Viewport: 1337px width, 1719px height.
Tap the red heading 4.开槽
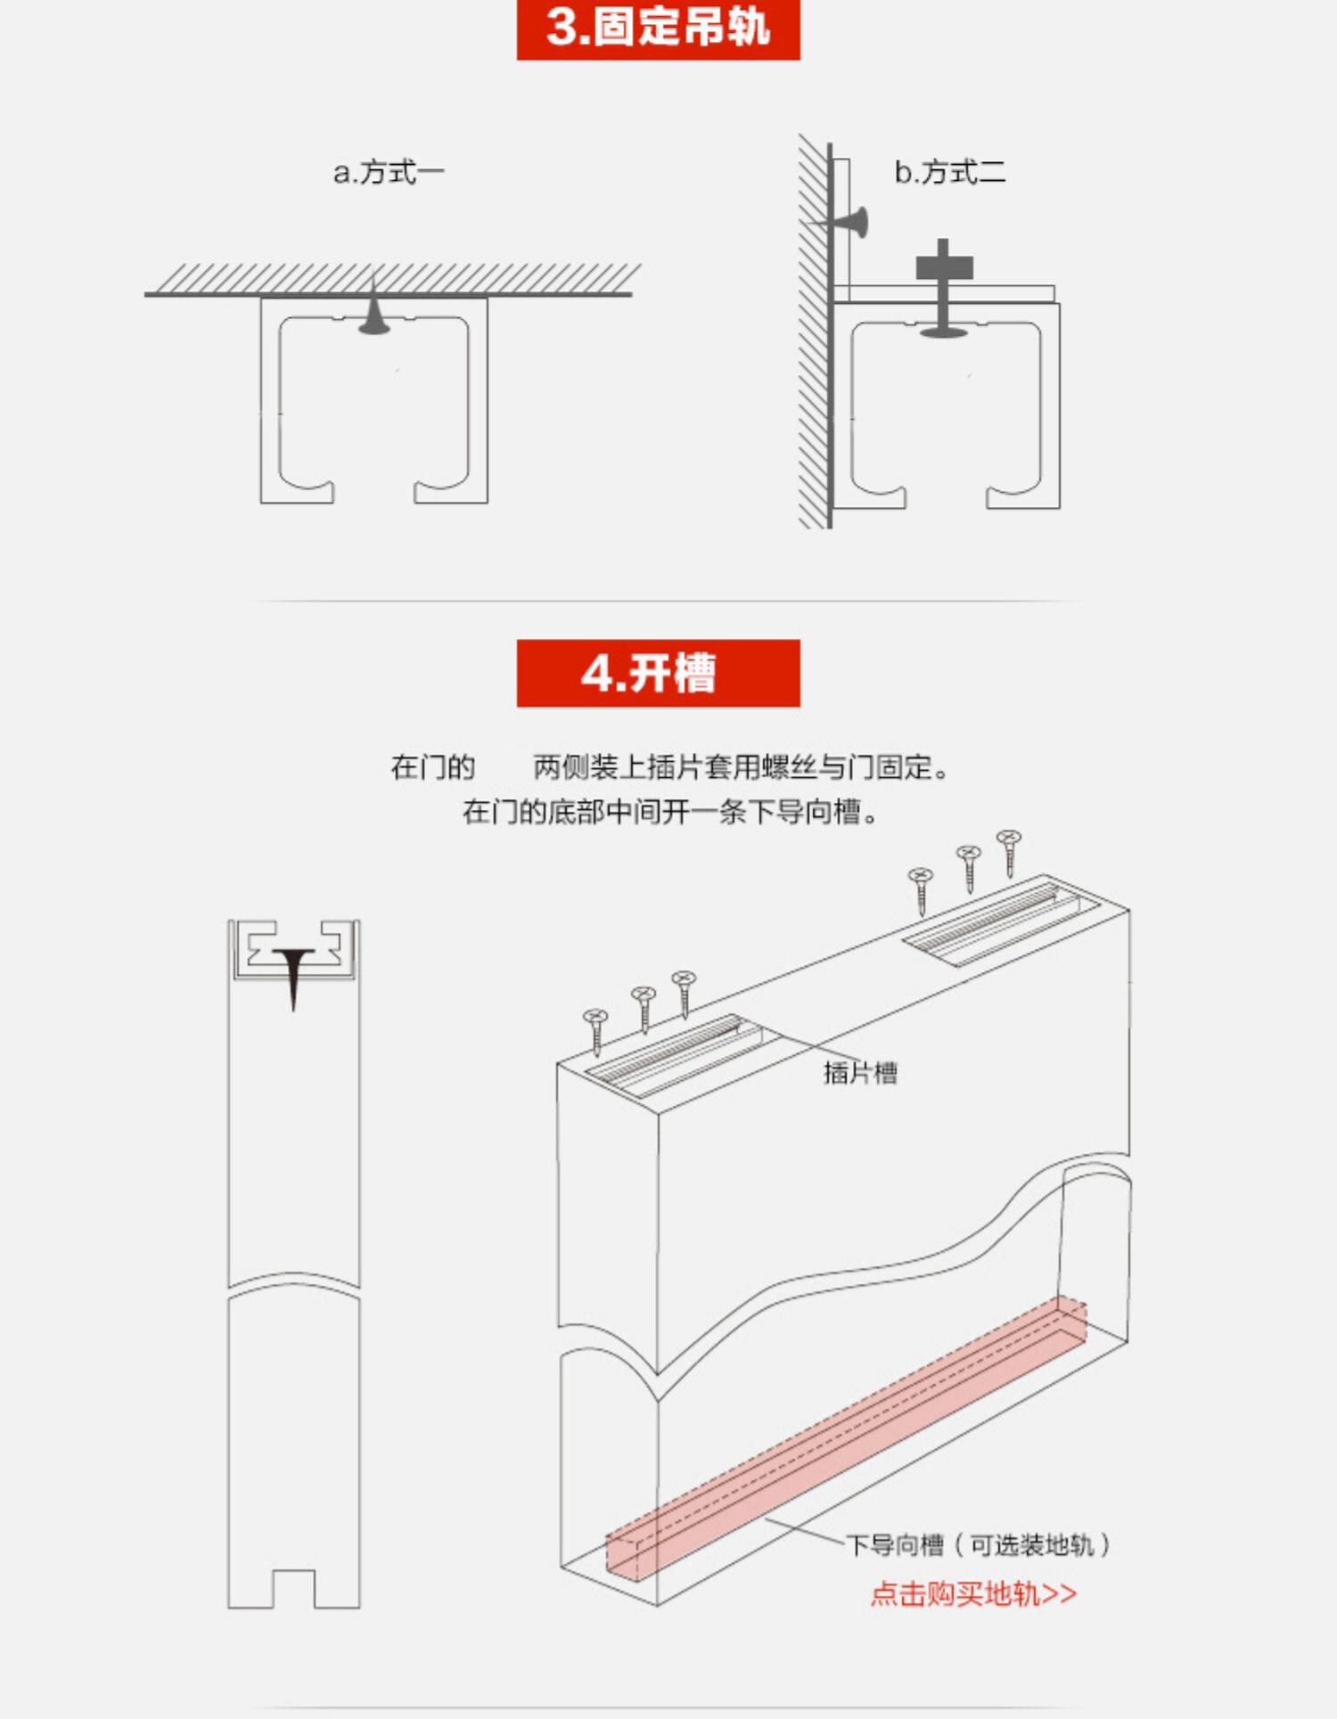(x=658, y=673)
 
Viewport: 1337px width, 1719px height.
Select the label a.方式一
(x=389, y=172)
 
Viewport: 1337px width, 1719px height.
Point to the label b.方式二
(x=950, y=172)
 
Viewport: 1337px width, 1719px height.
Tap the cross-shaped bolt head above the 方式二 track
(x=944, y=266)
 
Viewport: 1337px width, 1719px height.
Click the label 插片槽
(x=860, y=1072)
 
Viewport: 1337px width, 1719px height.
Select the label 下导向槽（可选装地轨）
(x=979, y=1545)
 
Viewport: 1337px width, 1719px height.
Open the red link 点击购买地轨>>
(x=973, y=1593)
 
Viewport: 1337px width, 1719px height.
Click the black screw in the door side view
(x=293, y=976)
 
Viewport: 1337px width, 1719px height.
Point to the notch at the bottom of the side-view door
(x=293, y=1588)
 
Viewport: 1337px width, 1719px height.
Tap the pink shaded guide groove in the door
(x=847, y=1438)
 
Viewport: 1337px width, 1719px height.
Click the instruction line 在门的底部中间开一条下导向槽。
(x=670, y=812)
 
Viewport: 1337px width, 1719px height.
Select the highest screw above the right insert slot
(x=1009, y=853)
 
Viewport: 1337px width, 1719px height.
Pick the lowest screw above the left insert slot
(x=595, y=1032)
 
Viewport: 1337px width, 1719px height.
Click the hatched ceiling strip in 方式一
(x=392, y=280)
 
